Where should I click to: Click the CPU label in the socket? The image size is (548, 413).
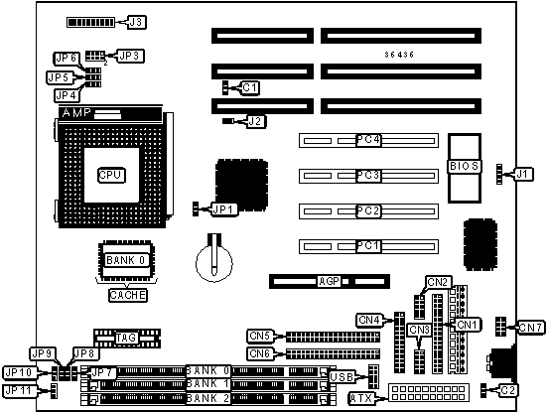(x=111, y=175)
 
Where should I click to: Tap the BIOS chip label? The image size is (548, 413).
(x=465, y=166)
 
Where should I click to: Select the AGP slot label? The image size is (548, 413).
(x=329, y=281)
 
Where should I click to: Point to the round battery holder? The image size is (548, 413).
(x=214, y=262)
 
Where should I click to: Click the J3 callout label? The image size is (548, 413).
(x=136, y=22)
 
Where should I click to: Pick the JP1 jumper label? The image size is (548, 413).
(x=224, y=209)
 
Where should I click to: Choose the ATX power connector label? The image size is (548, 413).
(x=361, y=398)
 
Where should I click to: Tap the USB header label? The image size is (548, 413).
(x=342, y=377)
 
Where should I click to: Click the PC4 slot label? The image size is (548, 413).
(x=368, y=140)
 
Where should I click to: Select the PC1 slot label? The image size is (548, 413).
(x=368, y=246)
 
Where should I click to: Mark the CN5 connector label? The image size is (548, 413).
(x=260, y=336)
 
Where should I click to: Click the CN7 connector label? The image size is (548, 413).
(x=531, y=328)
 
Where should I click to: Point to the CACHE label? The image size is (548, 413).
(x=127, y=295)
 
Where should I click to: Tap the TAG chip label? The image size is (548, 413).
(x=126, y=338)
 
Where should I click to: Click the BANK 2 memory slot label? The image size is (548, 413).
(x=207, y=398)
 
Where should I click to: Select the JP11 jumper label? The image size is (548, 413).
(x=20, y=390)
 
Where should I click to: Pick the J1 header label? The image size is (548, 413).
(x=523, y=174)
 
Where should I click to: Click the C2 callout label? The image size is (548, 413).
(x=508, y=390)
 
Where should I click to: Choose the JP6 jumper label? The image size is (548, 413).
(x=67, y=59)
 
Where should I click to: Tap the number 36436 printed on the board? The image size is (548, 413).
(x=399, y=55)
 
